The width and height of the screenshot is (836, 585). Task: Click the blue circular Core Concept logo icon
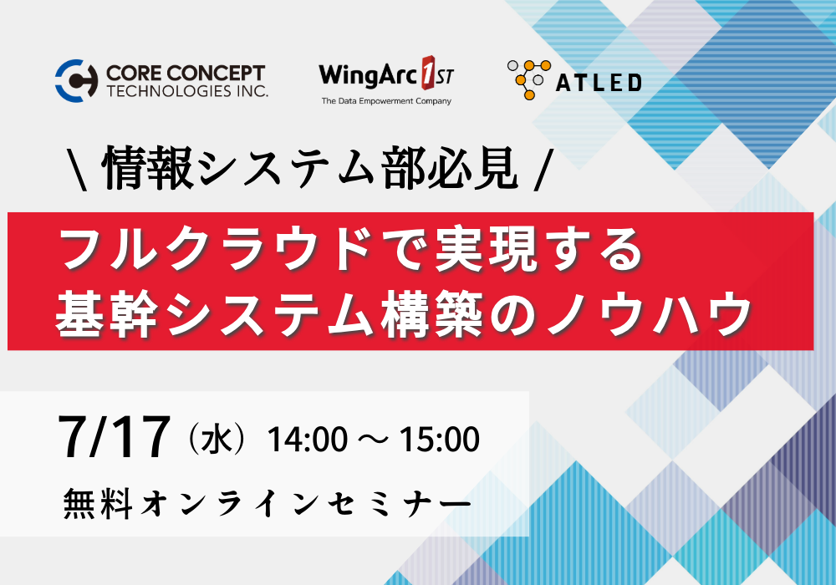coord(77,80)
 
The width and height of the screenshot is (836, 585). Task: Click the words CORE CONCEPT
coord(186,73)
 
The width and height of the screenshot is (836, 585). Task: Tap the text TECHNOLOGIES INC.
coord(187,91)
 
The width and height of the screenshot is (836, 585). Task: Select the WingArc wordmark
coord(368,74)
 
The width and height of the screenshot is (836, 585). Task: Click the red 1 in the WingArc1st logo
coord(428,72)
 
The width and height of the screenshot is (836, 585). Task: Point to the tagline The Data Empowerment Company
coord(386,100)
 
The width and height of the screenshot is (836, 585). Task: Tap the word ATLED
coord(599,83)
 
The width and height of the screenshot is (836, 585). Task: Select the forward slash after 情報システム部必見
coord(541,169)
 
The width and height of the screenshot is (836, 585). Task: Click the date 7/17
coord(114,437)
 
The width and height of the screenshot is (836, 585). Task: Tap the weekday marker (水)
coord(217,439)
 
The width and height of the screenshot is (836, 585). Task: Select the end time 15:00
coord(440,440)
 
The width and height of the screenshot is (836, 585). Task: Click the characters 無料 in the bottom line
coord(98,503)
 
